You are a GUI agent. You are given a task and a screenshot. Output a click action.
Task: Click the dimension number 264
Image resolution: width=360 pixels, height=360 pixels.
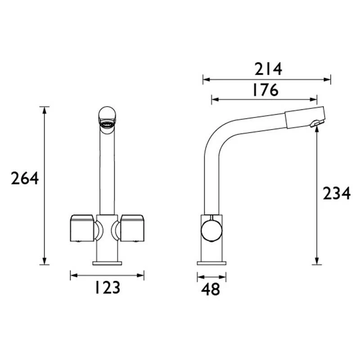[25, 179]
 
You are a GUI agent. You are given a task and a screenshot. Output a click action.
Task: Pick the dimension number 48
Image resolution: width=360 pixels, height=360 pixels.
[211, 289]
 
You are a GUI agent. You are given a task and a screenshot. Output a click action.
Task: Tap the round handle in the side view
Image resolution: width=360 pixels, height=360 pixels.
[211, 229]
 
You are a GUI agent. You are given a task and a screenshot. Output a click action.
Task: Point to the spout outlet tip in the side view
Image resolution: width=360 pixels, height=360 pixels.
[316, 123]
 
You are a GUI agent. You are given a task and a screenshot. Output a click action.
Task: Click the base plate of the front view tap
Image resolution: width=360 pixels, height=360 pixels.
[107, 262]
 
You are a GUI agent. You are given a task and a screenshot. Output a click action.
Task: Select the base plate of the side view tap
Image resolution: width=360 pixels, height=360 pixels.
[211, 262]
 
